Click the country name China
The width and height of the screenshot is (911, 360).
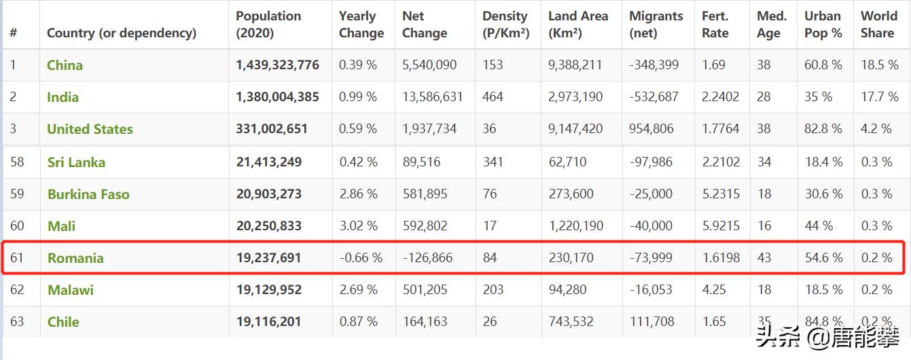65,65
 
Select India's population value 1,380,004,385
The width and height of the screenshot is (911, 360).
277,97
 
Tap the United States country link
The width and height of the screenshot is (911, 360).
90,129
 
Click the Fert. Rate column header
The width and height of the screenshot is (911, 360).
715,24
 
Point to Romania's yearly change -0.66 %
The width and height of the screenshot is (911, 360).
361,258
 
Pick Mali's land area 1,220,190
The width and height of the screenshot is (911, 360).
575,226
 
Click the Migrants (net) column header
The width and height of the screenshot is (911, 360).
656,24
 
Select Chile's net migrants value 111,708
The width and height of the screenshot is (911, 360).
651,322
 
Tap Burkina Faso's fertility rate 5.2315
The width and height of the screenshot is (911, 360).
720,194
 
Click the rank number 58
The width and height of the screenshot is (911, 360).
17,162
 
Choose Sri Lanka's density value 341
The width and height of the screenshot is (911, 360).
493,162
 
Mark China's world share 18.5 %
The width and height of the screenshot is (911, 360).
880,65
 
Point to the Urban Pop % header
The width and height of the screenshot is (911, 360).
823,24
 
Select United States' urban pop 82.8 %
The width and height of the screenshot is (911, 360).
823,129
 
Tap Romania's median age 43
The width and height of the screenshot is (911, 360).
764,258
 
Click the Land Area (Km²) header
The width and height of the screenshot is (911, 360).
578,24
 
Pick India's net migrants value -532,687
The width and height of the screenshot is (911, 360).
654,97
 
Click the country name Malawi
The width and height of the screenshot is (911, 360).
70,290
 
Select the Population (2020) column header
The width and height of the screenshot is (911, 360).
268,24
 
